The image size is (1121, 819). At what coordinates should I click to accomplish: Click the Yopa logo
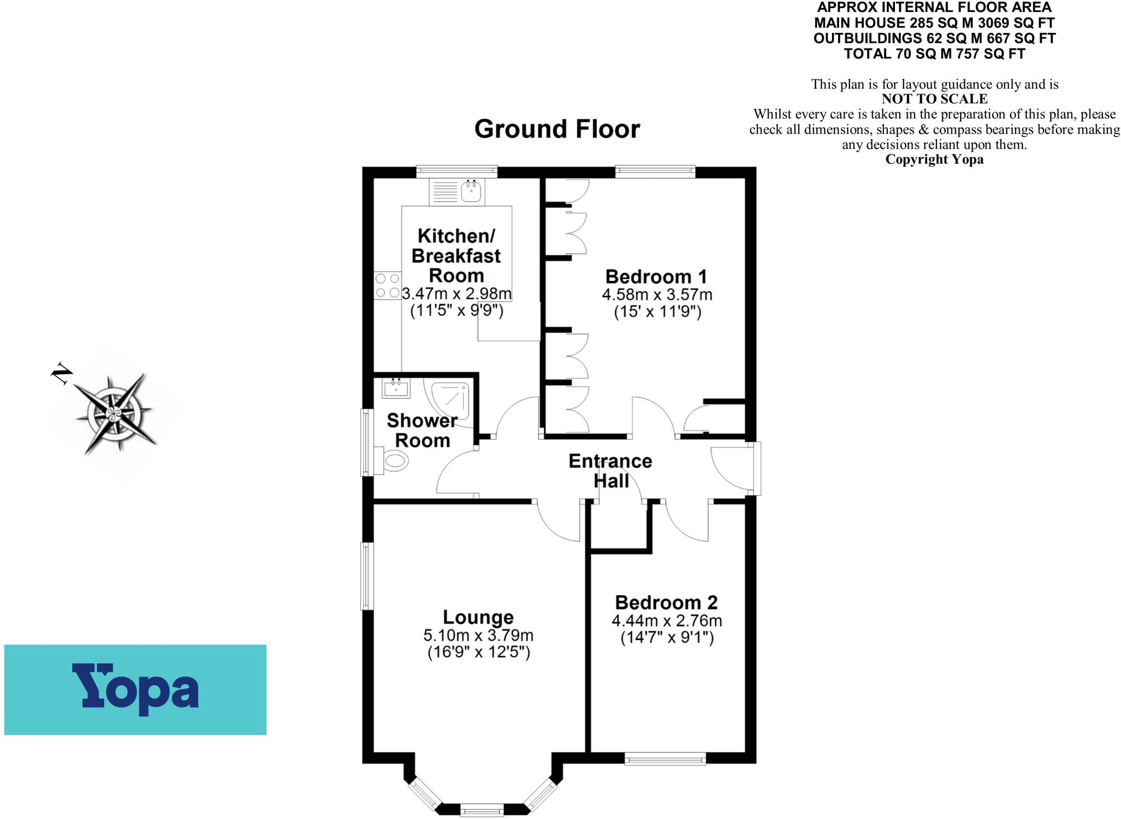point(135,689)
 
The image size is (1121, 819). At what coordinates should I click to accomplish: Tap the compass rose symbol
point(115,413)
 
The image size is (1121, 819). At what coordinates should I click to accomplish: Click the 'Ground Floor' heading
point(557,129)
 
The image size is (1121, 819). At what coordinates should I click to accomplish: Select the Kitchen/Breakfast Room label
point(456,255)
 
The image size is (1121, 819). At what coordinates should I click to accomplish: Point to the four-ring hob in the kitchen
point(387,286)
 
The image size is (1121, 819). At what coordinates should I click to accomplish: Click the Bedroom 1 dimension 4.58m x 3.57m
point(657,295)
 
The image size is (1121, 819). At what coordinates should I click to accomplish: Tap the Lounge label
point(478,617)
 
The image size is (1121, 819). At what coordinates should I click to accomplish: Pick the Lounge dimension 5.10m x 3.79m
point(478,635)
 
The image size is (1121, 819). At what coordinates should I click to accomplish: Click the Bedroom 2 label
point(666,602)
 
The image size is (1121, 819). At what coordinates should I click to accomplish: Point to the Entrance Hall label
point(610,471)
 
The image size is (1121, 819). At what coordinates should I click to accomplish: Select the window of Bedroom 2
point(665,759)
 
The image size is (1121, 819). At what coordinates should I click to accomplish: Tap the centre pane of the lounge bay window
point(482,809)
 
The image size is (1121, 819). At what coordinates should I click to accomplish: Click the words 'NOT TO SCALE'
point(934,99)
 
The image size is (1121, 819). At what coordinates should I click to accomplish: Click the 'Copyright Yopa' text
point(934,159)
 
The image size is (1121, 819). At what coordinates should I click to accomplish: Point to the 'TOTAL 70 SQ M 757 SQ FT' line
point(934,54)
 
